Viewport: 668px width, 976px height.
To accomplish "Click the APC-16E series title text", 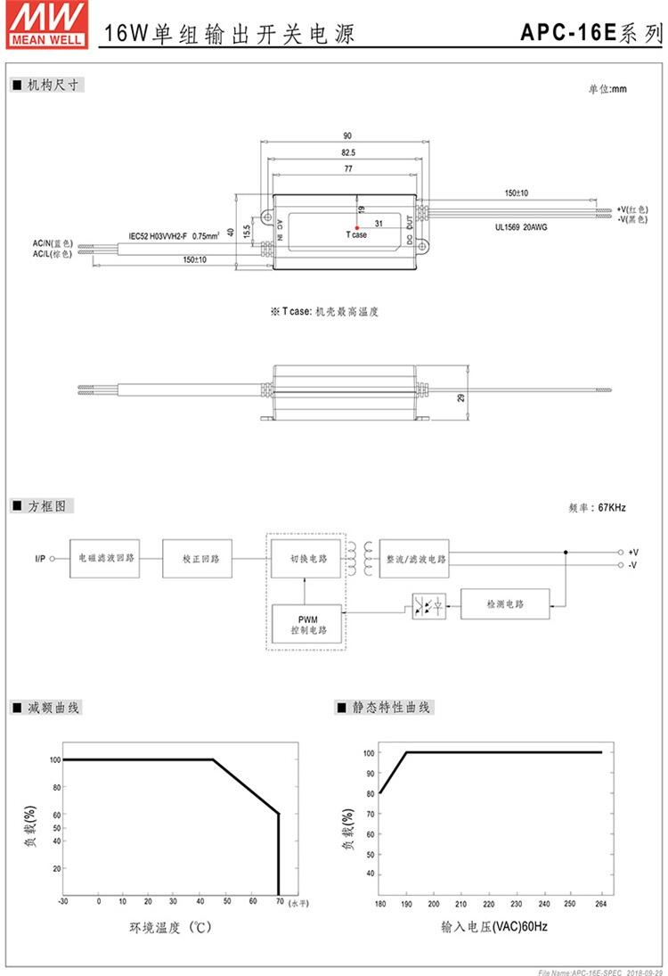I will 591,33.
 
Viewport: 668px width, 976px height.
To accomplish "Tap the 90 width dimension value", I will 346,135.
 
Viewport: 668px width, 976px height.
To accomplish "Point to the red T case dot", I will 356,228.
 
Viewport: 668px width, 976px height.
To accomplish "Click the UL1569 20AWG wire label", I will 521,227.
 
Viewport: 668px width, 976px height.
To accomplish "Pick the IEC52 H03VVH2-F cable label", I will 175,236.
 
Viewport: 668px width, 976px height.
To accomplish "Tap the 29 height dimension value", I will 461,398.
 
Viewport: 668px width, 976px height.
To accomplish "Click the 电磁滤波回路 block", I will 106,559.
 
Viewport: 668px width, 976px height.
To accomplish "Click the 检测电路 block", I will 505,604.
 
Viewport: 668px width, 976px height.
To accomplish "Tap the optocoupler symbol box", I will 428,605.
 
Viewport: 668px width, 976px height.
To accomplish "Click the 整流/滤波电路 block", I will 415,559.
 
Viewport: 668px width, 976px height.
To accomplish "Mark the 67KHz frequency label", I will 597,508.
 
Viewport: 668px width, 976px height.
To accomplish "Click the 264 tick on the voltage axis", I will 600,903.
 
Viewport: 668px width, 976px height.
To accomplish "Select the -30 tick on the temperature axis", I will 62,901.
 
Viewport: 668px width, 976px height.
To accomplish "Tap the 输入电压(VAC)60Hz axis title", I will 493,927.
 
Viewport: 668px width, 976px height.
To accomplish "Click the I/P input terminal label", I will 40,559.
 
